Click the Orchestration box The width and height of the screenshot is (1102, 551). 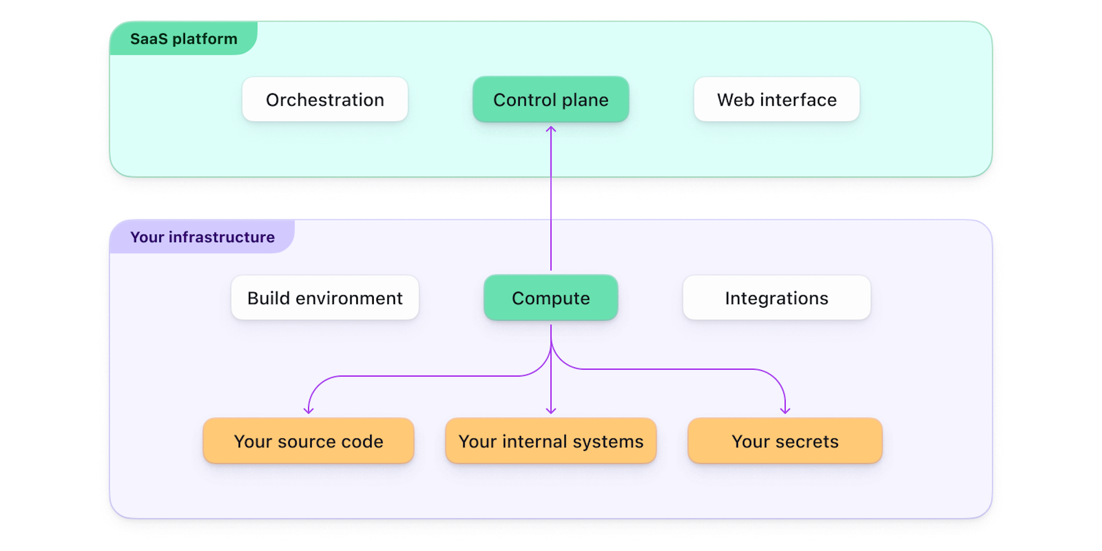[x=325, y=100]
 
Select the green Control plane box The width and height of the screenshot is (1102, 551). [x=551, y=100]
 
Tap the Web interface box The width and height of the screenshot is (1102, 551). [x=776, y=100]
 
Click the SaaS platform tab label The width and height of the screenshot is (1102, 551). [x=184, y=39]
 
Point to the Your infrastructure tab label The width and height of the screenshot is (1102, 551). [x=202, y=237]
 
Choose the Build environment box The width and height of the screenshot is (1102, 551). [x=325, y=298]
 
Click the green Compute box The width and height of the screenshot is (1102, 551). [x=551, y=298]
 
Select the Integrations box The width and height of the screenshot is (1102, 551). [x=776, y=298]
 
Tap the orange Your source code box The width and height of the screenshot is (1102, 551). [x=308, y=441]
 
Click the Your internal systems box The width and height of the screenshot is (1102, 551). [x=551, y=441]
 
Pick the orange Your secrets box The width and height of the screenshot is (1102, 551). [x=785, y=441]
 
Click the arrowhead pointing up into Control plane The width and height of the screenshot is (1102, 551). [x=551, y=129]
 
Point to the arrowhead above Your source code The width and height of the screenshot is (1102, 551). [x=309, y=410]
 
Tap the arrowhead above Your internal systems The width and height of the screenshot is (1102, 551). [x=551, y=410]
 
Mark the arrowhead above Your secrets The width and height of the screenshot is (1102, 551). [x=785, y=410]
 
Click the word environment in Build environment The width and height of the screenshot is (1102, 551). [x=349, y=298]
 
